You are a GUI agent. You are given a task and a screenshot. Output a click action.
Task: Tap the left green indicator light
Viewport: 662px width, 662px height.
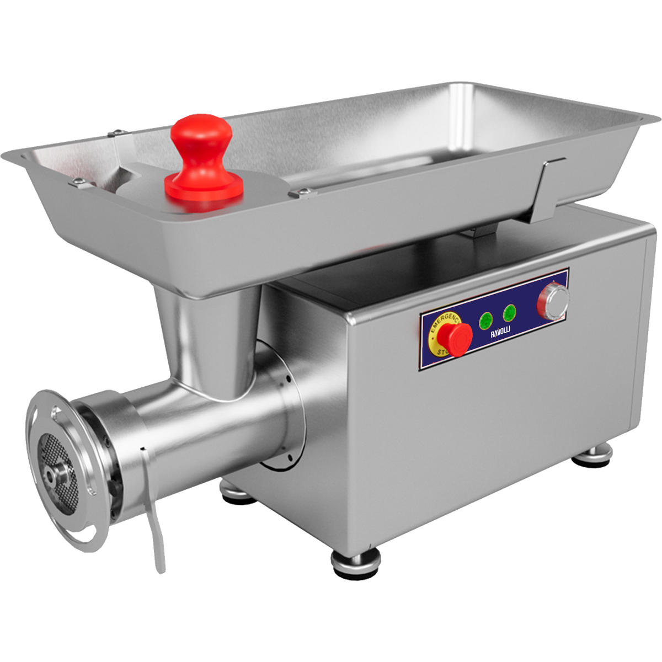pyautogui.click(x=486, y=320)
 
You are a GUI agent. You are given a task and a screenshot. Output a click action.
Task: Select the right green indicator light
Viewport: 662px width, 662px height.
pyautogui.click(x=510, y=313)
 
